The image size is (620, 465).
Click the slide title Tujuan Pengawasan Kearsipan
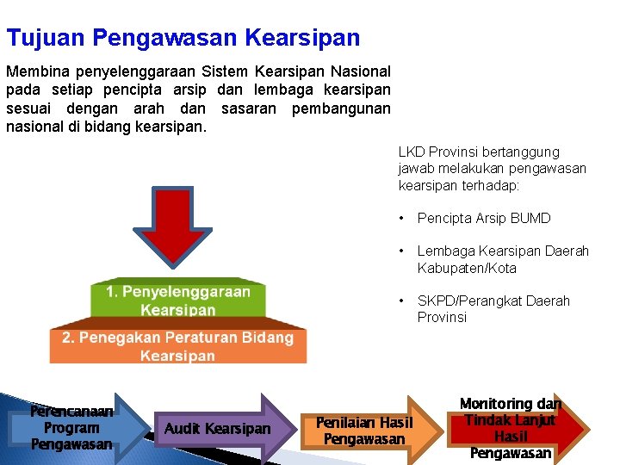point(183,38)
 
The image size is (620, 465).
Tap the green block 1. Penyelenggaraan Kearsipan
point(178,301)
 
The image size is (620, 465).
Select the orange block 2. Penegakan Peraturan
point(177,346)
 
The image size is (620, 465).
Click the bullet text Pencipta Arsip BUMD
point(483,219)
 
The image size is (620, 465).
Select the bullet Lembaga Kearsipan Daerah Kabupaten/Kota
point(503,259)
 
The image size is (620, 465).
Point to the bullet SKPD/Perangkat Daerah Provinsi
point(493,309)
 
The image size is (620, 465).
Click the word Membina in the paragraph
point(34,71)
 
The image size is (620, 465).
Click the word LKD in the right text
point(412,152)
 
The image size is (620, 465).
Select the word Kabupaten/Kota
point(467,268)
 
